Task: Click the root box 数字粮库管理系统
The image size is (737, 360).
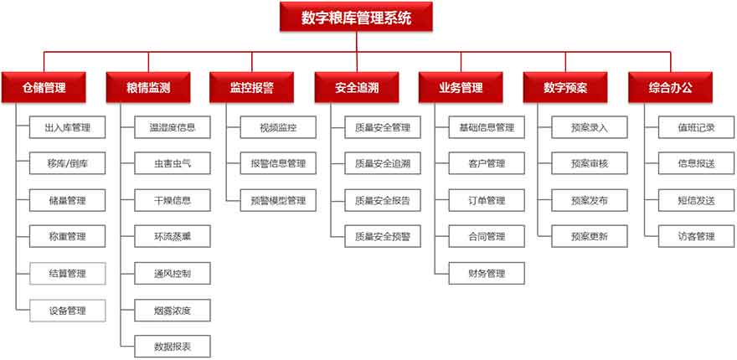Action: click(356, 17)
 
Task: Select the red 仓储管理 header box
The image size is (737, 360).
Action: click(44, 87)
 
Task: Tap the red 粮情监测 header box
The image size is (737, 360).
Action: click(148, 87)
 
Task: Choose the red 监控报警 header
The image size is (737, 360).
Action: click(252, 87)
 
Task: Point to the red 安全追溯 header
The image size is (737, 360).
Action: click(357, 87)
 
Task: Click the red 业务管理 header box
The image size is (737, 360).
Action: click(461, 87)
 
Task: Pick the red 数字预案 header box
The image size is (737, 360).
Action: click(565, 87)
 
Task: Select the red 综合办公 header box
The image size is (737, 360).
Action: click(671, 87)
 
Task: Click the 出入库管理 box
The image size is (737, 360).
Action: click(67, 127)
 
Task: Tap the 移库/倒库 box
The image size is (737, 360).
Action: click(67, 163)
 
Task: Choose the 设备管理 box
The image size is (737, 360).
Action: click(67, 310)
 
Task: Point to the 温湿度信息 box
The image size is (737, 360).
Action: click(173, 127)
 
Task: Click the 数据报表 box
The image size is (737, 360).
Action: click(173, 347)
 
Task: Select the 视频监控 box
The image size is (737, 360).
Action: click(278, 127)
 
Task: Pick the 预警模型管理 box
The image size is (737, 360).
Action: click(278, 200)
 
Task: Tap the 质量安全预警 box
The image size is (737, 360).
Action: click(383, 236)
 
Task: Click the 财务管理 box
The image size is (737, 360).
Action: click(487, 273)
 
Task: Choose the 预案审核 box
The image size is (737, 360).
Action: click(590, 163)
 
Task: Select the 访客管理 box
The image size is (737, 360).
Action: click(696, 236)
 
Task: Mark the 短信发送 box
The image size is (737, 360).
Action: click(696, 200)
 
